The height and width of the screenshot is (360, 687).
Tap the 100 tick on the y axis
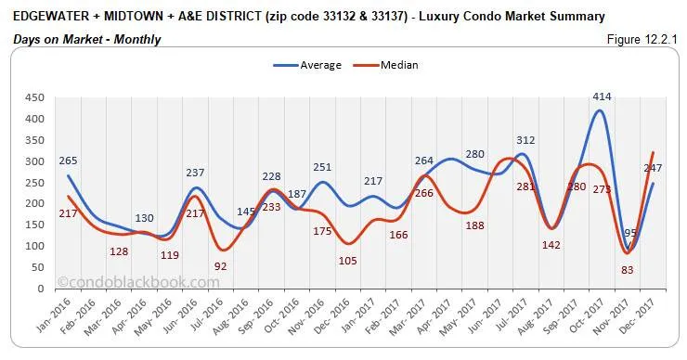tap(34, 247)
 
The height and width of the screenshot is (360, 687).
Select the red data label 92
tap(221, 265)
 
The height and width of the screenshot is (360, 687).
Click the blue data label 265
tap(65, 161)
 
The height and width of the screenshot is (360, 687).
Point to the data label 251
tap(322, 167)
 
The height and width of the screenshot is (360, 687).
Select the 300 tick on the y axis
tap(34, 161)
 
